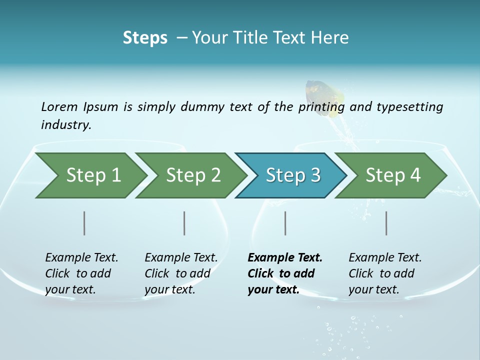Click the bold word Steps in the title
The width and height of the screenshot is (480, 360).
tap(145, 38)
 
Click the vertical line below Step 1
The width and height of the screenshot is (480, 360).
tap(84, 223)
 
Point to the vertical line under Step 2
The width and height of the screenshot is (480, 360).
tap(184, 223)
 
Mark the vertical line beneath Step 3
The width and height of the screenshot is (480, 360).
tap(285, 223)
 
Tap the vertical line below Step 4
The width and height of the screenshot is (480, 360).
tap(386, 223)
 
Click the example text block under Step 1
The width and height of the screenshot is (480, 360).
tap(81, 273)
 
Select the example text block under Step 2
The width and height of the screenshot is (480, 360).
tap(181, 273)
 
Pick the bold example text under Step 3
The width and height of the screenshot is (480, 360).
tap(284, 273)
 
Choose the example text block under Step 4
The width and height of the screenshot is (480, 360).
tap(385, 273)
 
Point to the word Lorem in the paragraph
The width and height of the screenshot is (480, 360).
tap(59, 107)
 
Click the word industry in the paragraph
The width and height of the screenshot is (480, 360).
tap(65, 125)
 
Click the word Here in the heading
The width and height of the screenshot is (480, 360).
tap(331, 38)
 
